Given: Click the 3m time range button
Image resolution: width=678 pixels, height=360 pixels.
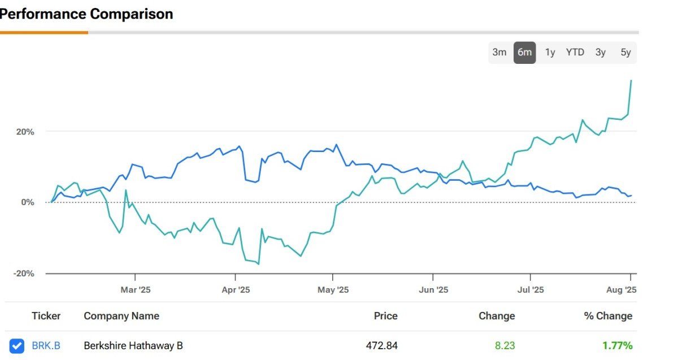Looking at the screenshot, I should click(499, 53).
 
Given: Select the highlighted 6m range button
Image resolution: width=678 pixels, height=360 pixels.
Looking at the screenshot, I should click(524, 53).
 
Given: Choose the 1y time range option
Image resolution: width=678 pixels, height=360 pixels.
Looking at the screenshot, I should click(550, 53).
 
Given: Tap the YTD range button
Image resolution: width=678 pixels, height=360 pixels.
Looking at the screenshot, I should click(575, 53).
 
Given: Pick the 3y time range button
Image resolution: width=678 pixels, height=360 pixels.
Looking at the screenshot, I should click(600, 53).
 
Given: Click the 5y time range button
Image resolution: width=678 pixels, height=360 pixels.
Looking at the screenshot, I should click(625, 53).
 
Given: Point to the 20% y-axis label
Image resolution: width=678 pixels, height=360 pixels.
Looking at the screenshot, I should click(25, 132).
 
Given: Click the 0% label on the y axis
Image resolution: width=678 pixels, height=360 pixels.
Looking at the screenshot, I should click(28, 202).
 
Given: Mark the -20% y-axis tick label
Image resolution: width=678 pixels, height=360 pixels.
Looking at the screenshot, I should click(24, 274).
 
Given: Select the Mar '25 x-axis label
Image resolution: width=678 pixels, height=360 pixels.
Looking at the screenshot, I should click(136, 290).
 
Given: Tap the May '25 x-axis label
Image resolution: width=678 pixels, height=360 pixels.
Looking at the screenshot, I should click(333, 290).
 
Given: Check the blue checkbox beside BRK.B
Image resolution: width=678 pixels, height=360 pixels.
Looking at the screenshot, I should click(18, 345).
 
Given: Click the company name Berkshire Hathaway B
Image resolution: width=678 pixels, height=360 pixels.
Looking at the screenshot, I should click(133, 345).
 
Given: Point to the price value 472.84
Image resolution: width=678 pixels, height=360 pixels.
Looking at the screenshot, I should click(382, 345).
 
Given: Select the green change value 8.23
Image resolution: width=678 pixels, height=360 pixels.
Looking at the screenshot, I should click(505, 345).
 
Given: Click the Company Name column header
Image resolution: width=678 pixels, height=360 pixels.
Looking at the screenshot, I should click(121, 316).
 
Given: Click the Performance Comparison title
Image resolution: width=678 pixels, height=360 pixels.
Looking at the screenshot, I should click(86, 14).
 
